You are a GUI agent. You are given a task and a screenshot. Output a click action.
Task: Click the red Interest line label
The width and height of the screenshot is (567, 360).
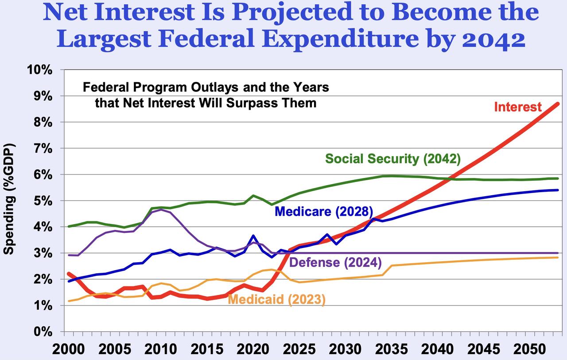click(517, 107)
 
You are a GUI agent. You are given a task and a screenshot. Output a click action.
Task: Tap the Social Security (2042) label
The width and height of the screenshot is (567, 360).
click(393, 159)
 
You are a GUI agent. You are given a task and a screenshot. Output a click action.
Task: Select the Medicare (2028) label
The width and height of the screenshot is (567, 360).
click(324, 211)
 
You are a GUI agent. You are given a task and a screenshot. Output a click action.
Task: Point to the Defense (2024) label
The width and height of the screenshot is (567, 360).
click(335, 262)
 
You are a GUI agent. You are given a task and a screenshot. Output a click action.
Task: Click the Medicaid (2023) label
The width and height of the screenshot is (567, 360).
click(276, 300)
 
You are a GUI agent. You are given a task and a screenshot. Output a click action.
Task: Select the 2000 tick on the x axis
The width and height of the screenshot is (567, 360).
click(69, 349)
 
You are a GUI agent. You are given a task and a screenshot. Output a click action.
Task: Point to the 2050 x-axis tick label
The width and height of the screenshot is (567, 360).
click(527, 349)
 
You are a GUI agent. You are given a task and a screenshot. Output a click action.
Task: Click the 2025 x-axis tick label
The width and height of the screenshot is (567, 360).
click(298, 349)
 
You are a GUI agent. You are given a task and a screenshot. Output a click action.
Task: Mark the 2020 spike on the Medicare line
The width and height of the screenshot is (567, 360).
click(252, 236)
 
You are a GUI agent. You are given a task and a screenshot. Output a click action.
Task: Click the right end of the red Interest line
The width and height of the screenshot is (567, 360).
click(558, 104)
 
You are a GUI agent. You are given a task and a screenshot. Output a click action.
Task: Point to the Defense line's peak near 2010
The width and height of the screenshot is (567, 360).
click(161, 209)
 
